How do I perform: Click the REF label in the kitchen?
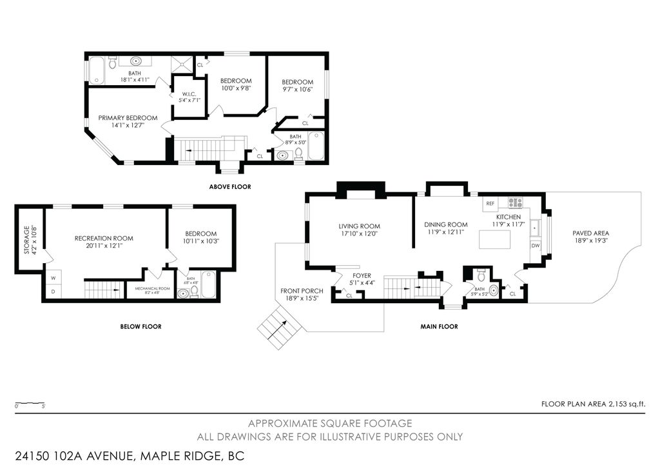pyautogui.click(x=490, y=203)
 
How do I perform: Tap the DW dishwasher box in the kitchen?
pyautogui.click(x=535, y=246)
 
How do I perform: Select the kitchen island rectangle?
pyautogui.click(x=494, y=239)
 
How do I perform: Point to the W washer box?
pyautogui.click(x=53, y=279)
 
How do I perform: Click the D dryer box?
pyautogui.click(x=53, y=292)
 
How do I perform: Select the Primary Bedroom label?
pyautogui.click(x=128, y=118)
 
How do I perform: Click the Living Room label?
pyautogui.click(x=359, y=226)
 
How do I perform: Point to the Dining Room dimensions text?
pyautogui.click(x=445, y=233)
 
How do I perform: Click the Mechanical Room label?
pyautogui.click(x=152, y=288)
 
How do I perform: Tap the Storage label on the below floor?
pyautogui.click(x=27, y=239)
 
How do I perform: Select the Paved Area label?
pyautogui.click(x=590, y=234)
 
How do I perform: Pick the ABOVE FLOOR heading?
pyautogui.click(x=230, y=187)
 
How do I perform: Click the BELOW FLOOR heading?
pyautogui.click(x=141, y=326)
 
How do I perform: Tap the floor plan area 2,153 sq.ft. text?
pyautogui.click(x=593, y=404)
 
